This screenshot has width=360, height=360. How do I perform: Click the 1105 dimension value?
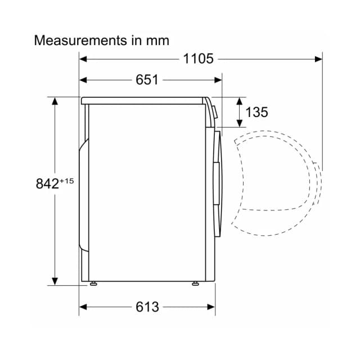[x=198, y=58]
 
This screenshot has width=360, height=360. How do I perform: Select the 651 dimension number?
[x=147, y=80]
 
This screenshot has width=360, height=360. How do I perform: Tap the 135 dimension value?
[x=256, y=112]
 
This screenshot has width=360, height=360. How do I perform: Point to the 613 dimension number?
[x=147, y=307]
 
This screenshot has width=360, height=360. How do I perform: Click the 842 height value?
[x=47, y=183]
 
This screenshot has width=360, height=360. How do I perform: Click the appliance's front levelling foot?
[x=195, y=283]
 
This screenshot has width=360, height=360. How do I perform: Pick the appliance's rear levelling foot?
[x=93, y=283]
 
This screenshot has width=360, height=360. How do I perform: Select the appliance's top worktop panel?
[x=143, y=101]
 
